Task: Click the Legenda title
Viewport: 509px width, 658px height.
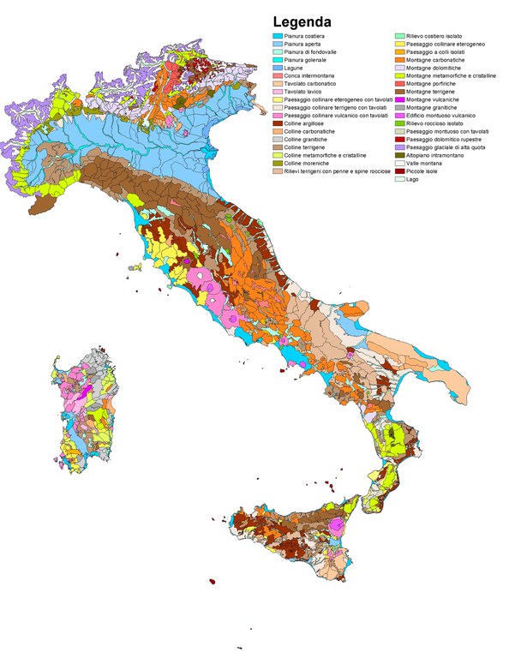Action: click(302, 22)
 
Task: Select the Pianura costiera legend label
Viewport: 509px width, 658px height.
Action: click(308, 36)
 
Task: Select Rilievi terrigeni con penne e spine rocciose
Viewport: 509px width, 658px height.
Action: click(333, 170)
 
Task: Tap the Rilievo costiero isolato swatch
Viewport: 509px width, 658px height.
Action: click(399, 36)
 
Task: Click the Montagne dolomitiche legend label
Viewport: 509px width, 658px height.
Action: click(436, 68)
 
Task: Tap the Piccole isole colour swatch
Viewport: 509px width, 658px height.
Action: click(399, 170)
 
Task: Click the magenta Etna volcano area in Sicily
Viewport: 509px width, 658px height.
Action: click(342, 524)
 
